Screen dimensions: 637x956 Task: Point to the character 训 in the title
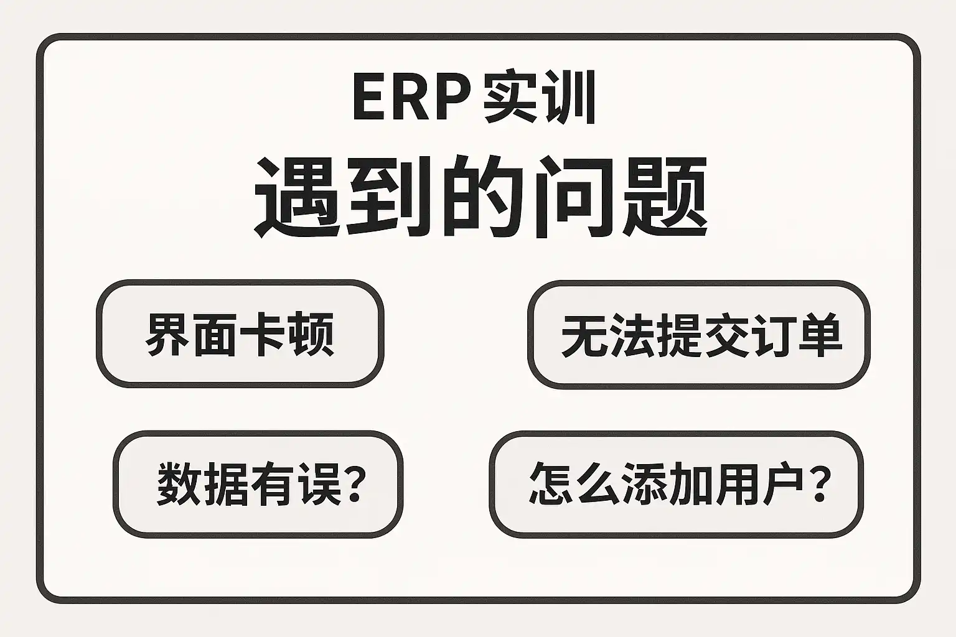pyautogui.click(x=568, y=98)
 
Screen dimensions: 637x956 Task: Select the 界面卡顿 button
pyautogui.click(x=240, y=333)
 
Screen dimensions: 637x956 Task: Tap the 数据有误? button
pyautogui.click(x=258, y=484)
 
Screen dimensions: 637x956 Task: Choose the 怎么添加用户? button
pyautogui.click(x=676, y=483)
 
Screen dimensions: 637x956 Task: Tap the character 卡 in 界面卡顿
pyautogui.click(x=263, y=334)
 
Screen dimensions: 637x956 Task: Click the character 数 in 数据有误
pyautogui.click(x=178, y=485)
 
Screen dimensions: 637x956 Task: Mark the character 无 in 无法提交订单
pyautogui.click(x=583, y=335)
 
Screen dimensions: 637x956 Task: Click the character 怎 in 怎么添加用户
pyautogui.click(x=551, y=483)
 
